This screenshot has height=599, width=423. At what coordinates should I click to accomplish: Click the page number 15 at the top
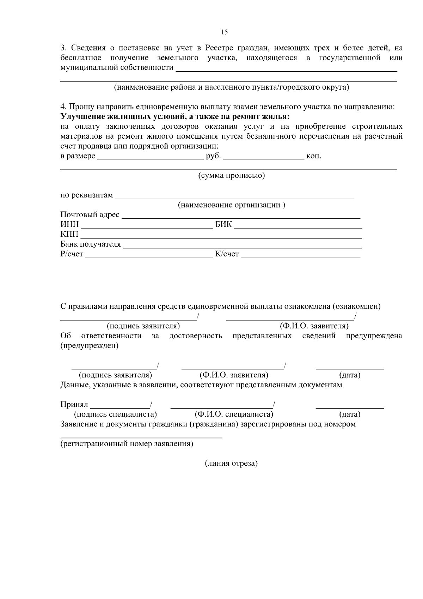click(x=225, y=32)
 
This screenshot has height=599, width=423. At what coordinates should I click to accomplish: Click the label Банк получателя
click(x=91, y=244)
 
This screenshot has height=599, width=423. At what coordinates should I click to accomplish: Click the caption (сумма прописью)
click(x=231, y=175)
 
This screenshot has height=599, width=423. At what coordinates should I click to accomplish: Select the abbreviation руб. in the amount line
click(x=213, y=156)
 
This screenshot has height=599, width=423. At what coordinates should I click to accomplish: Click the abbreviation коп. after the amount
click(x=314, y=156)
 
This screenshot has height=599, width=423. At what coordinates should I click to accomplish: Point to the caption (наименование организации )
click(x=231, y=205)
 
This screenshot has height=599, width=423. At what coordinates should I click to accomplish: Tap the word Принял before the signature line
click(x=74, y=404)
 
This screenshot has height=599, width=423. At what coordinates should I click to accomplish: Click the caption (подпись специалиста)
click(x=115, y=414)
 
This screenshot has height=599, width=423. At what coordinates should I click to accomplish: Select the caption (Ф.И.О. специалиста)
click(x=234, y=414)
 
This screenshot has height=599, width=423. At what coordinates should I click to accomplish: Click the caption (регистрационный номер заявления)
click(x=127, y=444)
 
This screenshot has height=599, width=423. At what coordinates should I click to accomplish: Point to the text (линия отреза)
click(x=231, y=464)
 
